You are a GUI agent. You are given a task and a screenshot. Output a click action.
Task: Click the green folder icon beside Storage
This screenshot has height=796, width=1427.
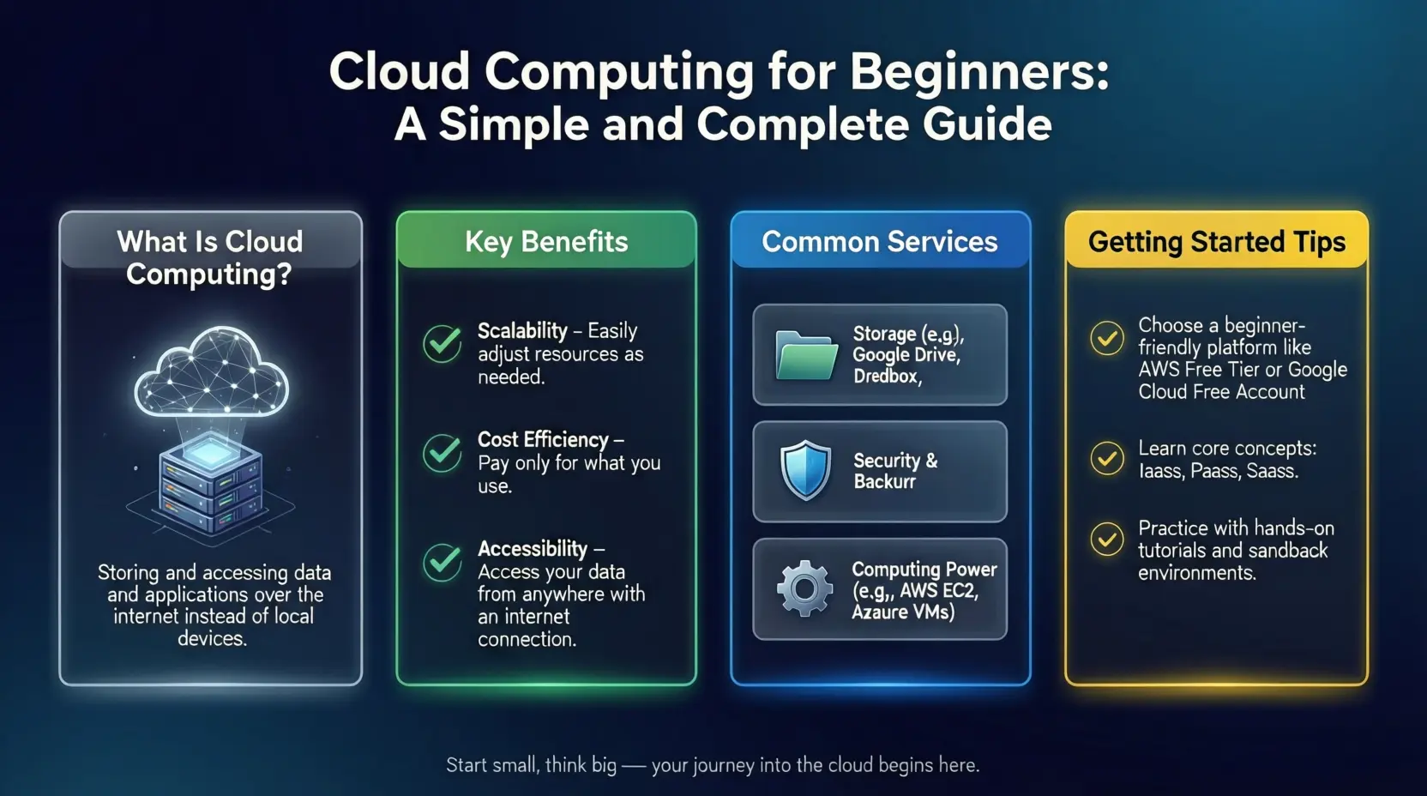806,356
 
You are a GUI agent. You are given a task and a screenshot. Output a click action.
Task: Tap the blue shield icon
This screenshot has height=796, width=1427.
805,470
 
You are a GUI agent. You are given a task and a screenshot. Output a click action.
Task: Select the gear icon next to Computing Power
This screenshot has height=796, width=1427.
804,588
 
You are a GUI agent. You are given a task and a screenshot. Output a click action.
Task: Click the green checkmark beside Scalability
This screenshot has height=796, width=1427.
443,343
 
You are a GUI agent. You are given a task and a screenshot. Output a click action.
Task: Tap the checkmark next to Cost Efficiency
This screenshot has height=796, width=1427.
443,453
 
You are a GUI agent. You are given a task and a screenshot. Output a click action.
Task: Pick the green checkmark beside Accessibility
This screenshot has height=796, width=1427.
443,562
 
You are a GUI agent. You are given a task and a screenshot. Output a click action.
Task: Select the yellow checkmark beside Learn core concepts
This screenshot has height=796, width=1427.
1107,458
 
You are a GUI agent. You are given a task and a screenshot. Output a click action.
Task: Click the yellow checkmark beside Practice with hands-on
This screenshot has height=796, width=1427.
1107,540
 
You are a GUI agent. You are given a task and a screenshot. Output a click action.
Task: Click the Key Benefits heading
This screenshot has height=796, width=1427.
546,242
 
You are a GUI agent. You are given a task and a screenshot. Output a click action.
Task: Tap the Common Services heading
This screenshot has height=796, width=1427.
880,242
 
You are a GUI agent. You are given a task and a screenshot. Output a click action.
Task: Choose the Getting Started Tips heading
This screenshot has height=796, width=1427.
1217,242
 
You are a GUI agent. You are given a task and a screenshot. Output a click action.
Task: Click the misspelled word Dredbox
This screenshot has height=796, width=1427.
886,376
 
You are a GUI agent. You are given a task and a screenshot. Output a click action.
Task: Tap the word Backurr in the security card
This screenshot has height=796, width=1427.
884,481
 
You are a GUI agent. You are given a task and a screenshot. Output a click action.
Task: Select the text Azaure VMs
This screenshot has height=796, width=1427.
903,612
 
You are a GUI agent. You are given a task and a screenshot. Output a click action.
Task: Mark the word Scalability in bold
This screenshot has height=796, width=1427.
522,331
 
